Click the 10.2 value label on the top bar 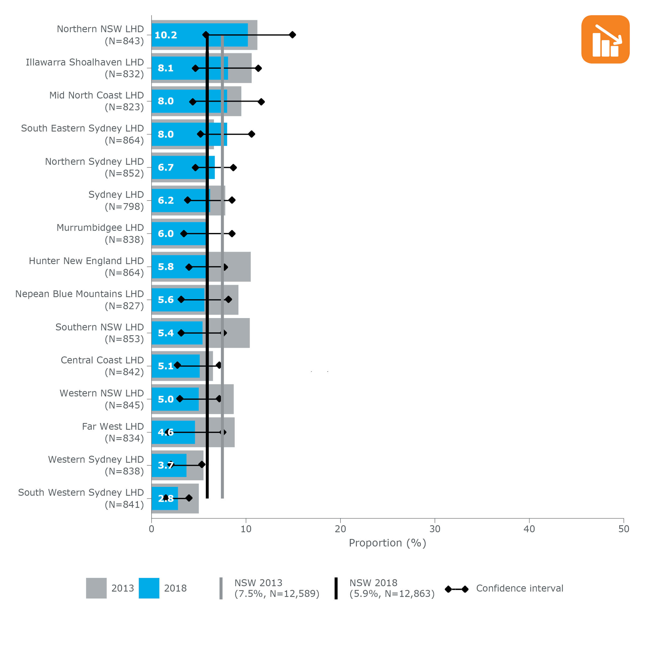tap(166, 35)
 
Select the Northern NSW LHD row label tap(100, 35)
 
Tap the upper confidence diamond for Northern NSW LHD tap(292, 35)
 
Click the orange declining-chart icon tap(605, 39)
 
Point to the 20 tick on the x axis tap(340, 529)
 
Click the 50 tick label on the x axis tap(623, 529)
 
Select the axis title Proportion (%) tap(387, 543)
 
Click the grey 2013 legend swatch tap(96, 588)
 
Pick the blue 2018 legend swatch tap(149, 588)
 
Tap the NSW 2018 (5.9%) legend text tap(392, 588)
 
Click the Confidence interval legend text tap(519, 588)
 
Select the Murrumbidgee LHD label tap(100, 234)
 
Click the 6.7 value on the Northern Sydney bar tap(166, 167)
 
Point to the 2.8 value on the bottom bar tap(166, 498)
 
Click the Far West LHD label tap(113, 432)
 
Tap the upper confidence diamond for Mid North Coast tap(261, 102)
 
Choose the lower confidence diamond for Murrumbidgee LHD tap(184, 234)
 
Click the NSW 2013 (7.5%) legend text tap(277, 588)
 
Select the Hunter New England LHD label tap(86, 267)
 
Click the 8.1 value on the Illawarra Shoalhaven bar tap(166, 68)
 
